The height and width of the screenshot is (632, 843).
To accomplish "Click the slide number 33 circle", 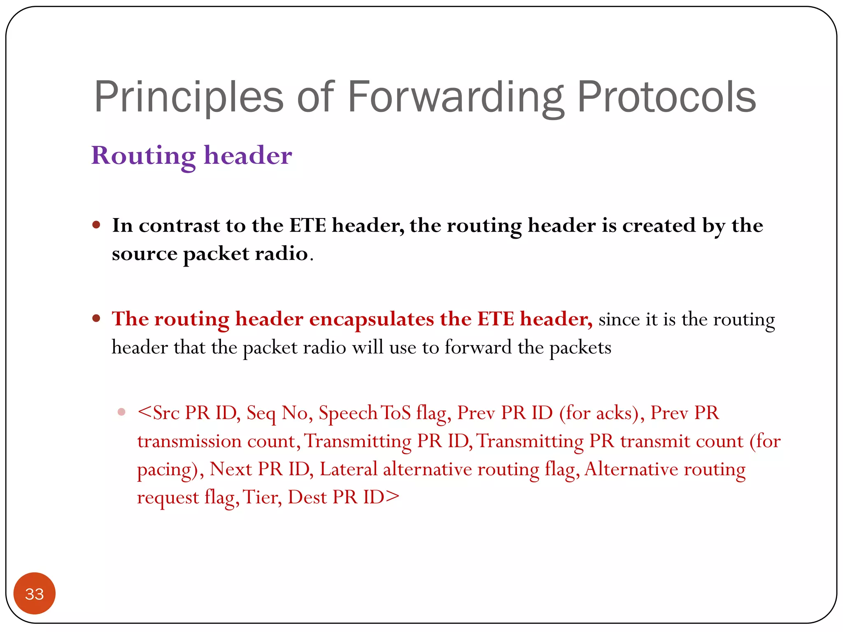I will point(35,593).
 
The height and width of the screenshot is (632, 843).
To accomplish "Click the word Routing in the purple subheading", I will point(143,156).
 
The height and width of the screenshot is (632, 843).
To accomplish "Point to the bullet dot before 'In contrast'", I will point(96,225).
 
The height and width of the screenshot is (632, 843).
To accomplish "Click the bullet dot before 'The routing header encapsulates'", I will point(96,318).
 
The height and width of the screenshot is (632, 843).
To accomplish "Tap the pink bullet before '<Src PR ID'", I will point(121,412).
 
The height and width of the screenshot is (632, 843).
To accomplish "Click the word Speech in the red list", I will point(348,413).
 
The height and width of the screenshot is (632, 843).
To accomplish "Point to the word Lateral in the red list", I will point(348,469).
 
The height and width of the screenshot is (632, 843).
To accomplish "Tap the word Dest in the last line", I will point(307,497).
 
